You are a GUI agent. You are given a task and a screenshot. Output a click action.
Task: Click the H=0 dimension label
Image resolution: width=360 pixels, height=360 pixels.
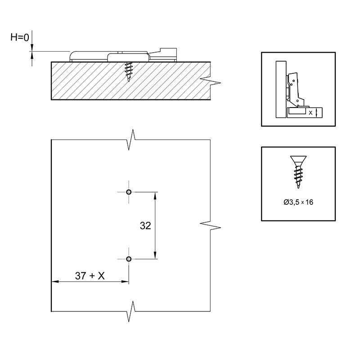tap(20, 37)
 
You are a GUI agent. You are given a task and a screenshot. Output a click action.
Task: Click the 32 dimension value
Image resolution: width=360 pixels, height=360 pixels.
tap(145, 226)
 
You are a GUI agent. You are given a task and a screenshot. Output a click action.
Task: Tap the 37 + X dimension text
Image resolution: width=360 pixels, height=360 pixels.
tap(90, 275)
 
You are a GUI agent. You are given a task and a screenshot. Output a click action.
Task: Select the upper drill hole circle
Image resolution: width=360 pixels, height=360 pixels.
tap(129, 192)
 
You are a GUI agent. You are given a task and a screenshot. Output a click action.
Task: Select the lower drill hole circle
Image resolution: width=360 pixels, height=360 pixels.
tap(129, 259)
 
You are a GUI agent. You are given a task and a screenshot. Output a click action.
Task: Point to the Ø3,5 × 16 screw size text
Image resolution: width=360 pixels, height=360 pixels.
tap(298, 202)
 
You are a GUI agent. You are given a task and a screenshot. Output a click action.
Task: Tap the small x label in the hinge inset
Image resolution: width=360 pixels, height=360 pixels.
tap(310, 113)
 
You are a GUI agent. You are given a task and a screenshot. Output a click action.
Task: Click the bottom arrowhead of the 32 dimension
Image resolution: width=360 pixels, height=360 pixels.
tap(155, 255)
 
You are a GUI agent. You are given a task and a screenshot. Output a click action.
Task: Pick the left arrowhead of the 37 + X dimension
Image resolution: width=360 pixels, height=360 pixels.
tap(55, 282)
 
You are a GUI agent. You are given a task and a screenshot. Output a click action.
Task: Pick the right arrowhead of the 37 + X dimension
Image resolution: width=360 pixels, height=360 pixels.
tap(125, 282)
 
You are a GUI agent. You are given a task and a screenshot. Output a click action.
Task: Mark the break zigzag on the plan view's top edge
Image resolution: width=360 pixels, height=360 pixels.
tap(131, 139)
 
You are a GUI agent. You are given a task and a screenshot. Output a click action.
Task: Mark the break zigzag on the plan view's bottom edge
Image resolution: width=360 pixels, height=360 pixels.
tap(131, 311)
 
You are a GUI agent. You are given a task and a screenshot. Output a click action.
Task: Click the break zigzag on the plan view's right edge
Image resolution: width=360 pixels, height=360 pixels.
tap(210, 225)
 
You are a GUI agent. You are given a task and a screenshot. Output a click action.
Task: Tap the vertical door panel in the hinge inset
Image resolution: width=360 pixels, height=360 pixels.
tap(281, 89)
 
